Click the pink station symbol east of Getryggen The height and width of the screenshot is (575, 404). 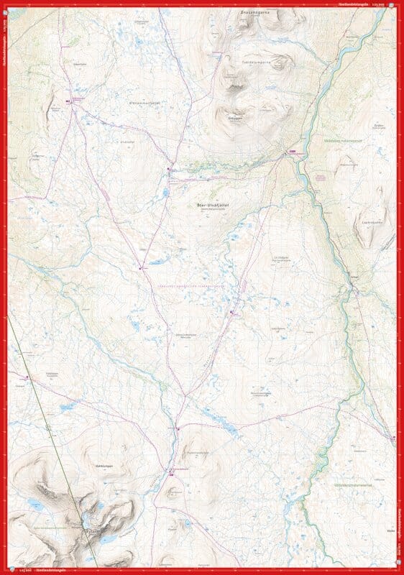coord(293,152)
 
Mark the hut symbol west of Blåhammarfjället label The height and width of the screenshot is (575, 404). coord(71,101)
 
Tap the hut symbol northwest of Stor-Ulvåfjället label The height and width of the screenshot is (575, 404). coord(170,170)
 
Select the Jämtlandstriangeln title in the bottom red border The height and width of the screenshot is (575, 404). coord(42,571)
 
